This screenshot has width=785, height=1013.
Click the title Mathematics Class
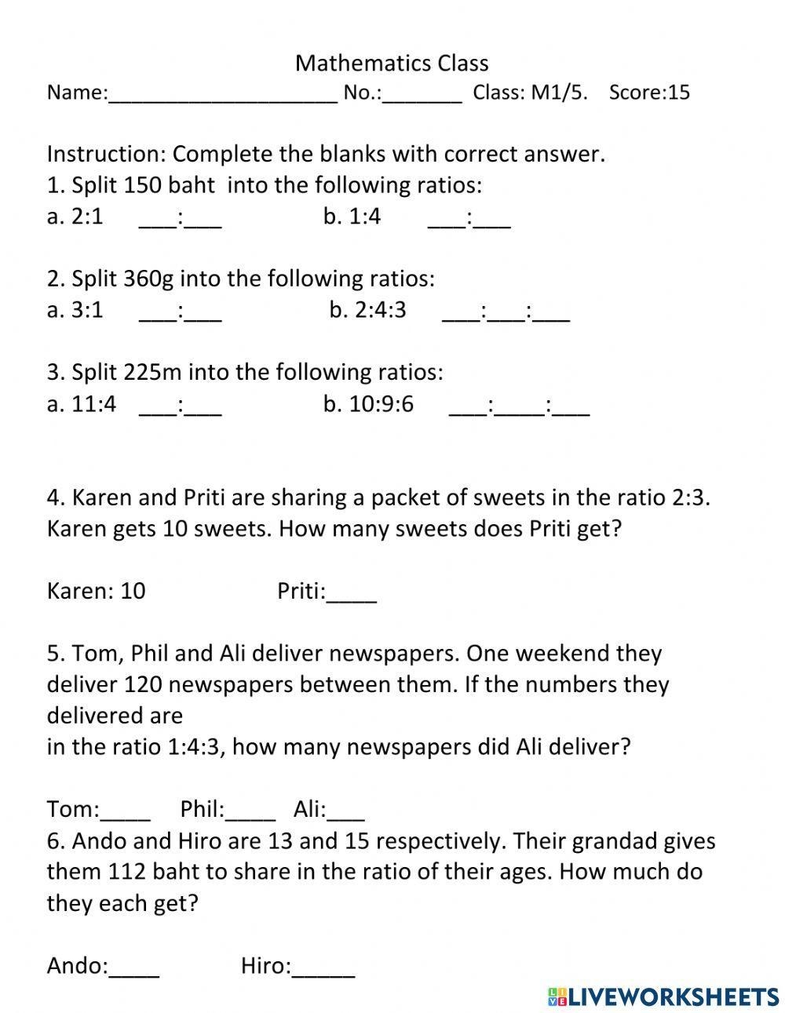[x=392, y=63]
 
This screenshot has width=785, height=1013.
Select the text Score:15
[x=649, y=93]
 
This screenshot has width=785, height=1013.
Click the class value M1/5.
[x=559, y=93]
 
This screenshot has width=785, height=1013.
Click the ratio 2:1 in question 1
[x=86, y=217]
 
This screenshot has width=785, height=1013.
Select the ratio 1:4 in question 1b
[x=365, y=217]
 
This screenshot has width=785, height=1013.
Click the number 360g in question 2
[x=148, y=279]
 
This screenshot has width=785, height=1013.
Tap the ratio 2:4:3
[x=380, y=310]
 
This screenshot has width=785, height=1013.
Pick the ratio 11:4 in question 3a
[x=93, y=404]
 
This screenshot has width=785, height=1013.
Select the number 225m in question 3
[x=154, y=372]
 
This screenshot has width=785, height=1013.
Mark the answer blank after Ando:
[x=134, y=967]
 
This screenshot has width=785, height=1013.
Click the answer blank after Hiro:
[x=323, y=967]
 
